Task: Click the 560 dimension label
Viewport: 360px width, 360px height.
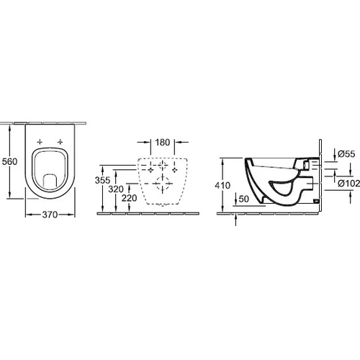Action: coord(9,161)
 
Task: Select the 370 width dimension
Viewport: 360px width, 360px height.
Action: coord(50,215)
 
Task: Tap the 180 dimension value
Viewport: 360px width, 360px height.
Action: coord(163,143)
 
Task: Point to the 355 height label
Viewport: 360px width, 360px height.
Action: coord(102,180)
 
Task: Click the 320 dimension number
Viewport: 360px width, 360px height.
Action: coord(116,189)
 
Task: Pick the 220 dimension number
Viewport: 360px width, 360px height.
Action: coord(129,198)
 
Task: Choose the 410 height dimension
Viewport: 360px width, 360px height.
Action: coord(222,185)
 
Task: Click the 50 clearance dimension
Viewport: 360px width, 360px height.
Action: coord(244,199)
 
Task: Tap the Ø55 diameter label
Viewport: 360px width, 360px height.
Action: coord(346,153)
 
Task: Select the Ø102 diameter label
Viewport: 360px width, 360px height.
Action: coord(349,184)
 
